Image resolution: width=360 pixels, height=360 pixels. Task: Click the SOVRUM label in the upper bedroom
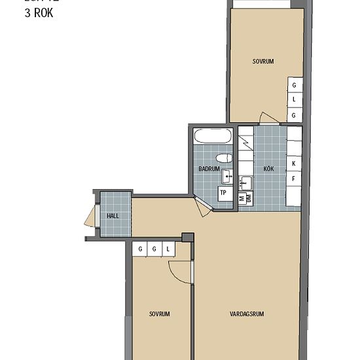(262, 62)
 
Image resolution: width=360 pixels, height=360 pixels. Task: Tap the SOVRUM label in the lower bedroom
(159, 314)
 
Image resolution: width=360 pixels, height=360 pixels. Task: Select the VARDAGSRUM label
(247, 314)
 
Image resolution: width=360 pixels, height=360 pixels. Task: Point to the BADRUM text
(209, 169)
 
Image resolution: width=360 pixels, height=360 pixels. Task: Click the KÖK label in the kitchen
(268, 169)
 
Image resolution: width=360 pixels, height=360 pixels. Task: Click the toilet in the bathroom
(224, 158)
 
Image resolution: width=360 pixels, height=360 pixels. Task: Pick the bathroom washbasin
(228, 175)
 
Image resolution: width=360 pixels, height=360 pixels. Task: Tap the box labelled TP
(223, 193)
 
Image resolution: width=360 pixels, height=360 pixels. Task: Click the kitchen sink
(246, 181)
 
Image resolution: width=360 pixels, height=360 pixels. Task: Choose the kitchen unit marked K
(295, 163)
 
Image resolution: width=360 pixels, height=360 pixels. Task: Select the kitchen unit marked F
(295, 178)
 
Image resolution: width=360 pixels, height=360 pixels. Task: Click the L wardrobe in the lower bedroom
(168, 249)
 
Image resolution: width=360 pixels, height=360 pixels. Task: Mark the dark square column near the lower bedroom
(189, 238)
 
